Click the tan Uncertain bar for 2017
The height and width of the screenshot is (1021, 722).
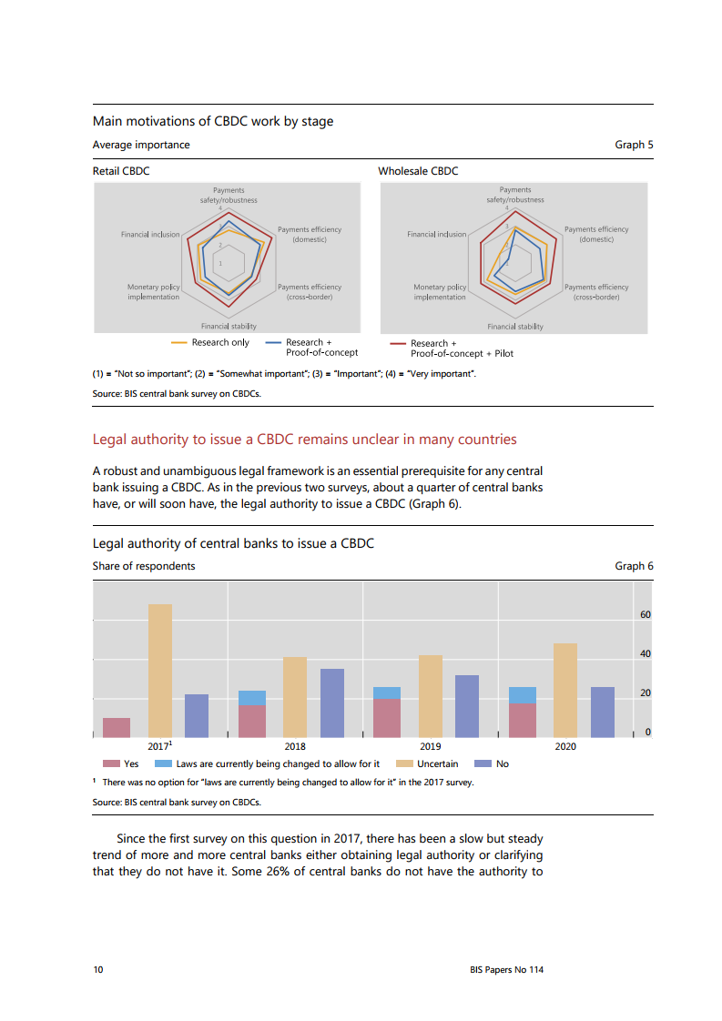point(160,671)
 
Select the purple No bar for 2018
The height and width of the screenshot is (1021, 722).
point(332,703)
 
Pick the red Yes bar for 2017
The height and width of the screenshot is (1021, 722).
point(117,727)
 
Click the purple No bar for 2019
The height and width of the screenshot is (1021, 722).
point(467,706)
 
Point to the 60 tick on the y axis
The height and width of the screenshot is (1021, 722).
point(645,615)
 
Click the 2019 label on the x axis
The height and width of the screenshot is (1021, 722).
point(430,746)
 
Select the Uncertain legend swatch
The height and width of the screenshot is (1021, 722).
point(403,763)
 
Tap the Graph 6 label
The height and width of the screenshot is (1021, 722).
point(634,566)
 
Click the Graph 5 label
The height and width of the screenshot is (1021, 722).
point(634,145)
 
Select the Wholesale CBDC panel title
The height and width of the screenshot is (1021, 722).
point(418,170)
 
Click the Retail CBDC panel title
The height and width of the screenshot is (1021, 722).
point(121,170)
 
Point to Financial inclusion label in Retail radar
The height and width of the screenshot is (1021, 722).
point(150,235)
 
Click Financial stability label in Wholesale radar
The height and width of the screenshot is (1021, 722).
point(514,327)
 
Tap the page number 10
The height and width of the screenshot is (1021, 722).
point(98,970)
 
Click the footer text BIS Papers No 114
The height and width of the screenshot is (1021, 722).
point(500,970)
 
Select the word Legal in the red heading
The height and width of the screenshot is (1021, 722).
point(110,440)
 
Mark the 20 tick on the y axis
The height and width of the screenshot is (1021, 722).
point(645,693)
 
